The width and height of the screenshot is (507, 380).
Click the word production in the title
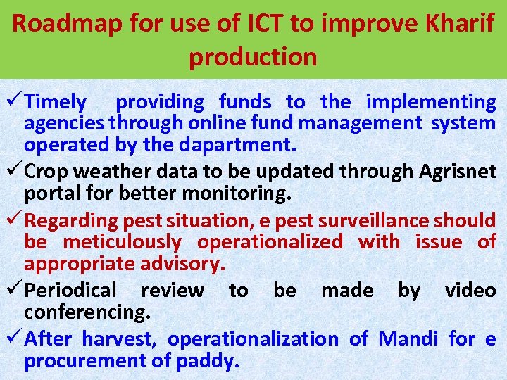tap(253, 57)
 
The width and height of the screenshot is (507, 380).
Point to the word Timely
tap(56, 102)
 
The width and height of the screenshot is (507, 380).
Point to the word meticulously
tap(122, 242)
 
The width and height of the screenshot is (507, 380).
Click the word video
tap(470, 290)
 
